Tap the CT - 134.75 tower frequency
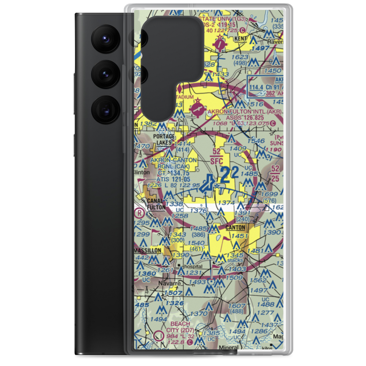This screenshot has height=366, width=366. pyautogui.click(x=173, y=173)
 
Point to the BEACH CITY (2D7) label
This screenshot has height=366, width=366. pyautogui.click(x=180, y=327)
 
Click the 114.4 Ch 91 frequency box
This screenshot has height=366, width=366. pyautogui.click(x=266, y=87)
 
